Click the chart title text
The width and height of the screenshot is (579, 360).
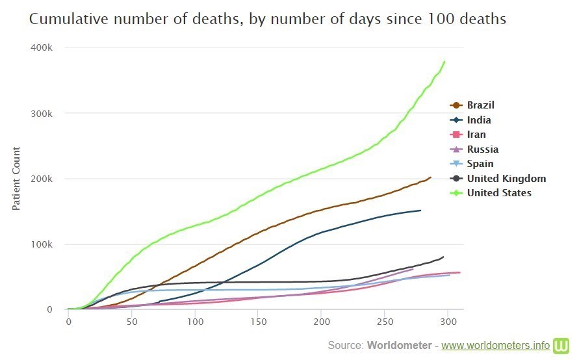(x=268, y=19)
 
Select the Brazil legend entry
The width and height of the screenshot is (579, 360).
(x=480, y=105)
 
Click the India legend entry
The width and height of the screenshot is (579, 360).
(x=479, y=120)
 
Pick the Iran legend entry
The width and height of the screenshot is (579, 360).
(x=476, y=135)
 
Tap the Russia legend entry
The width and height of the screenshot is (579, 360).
(x=483, y=149)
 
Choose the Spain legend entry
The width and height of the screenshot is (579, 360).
(x=480, y=164)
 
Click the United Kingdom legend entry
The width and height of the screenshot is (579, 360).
(x=506, y=179)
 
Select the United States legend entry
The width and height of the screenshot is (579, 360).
(x=499, y=193)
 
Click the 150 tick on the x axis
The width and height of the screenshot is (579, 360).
(x=258, y=321)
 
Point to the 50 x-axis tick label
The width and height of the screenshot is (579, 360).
(x=131, y=321)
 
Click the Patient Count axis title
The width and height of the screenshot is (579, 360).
(x=17, y=179)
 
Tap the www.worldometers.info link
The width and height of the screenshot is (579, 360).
(x=495, y=346)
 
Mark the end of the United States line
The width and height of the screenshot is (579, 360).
(x=444, y=62)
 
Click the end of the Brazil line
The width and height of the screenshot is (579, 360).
(x=430, y=177)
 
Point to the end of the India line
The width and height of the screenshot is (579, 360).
(x=420, y=211)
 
